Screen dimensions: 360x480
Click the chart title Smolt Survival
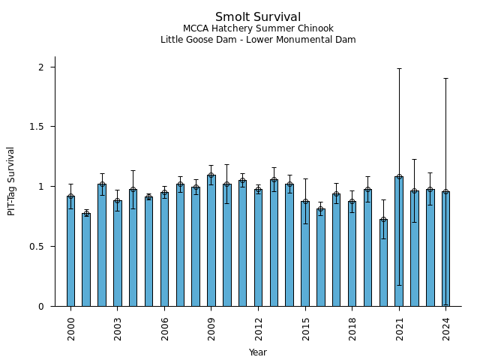(x=258, y=17)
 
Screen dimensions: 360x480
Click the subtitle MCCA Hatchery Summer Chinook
(x=258, y=28)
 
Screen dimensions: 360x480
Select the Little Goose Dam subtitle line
(x=258, y=40)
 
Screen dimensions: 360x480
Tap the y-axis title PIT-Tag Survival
(x=11, y=181)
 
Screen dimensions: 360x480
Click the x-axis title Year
(x=258, y=352)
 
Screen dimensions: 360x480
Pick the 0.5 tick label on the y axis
(x=38, y=246)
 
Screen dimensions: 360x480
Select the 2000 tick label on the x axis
(x=71, y=328)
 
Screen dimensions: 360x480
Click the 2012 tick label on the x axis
(x=259, y=328)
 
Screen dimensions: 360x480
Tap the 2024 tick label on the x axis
(x=446, y=328)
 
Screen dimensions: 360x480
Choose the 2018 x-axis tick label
(x=352, y=328)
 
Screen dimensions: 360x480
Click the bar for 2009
(x=211, y=241)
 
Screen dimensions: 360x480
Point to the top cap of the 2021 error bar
(x=399, y=68)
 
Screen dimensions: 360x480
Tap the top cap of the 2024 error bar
(x=446, y=78)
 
